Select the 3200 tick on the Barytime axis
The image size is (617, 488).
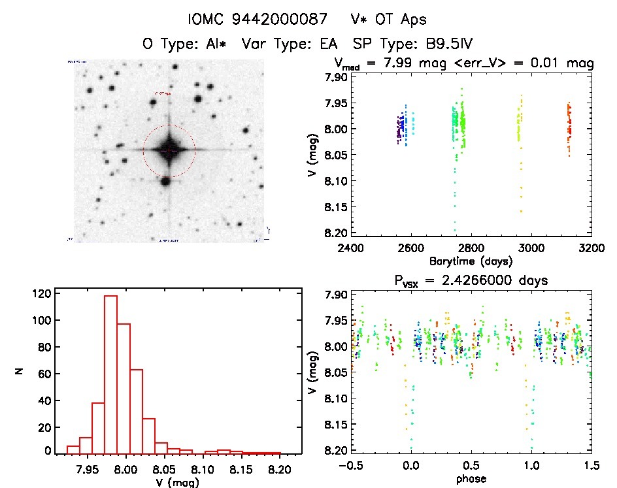pyautogui.click(x=592, y=248)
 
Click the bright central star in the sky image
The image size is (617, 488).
pyautogui.click(x=169, y=151)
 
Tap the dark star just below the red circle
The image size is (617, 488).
pyautogui.click(x=166, y=181)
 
